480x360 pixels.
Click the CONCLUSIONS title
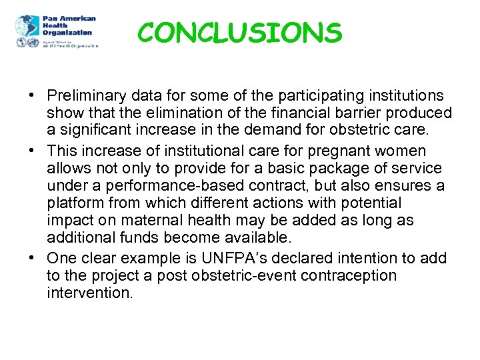[240, 32]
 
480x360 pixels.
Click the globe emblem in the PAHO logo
[27, 27]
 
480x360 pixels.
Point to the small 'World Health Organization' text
[70, 45]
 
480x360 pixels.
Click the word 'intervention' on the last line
[89, 293]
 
